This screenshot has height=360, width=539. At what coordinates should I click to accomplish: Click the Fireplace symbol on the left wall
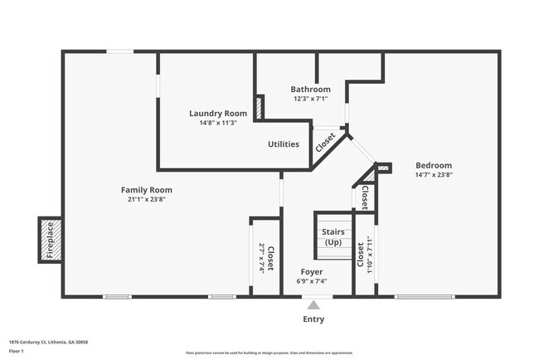(x=50, y=238)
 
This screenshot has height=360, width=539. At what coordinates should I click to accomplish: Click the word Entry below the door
(x=313, y=319)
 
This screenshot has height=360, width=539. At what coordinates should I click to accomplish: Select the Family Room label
(x=147, y=190)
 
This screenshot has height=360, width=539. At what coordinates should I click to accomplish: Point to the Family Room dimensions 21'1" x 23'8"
(x=147, y=200)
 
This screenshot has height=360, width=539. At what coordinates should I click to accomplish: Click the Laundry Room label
(x=218, y=114)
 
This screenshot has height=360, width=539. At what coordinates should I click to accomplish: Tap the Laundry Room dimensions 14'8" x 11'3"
(x=218, y=123)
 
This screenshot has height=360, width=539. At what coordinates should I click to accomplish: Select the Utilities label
(x=284, y=144)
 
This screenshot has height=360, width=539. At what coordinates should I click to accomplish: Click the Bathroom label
(x=310, y=90)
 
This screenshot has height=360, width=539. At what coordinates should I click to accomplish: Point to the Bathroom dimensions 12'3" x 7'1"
(x=310, y=99)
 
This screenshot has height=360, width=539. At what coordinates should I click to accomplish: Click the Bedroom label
(x=434, y=165)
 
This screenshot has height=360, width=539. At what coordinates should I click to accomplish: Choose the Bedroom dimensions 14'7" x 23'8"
(x=434, y=175)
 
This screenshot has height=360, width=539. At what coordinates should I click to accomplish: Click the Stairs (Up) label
(x=333, y=237)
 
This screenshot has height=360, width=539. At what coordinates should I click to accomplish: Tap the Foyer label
(x=312, y=271)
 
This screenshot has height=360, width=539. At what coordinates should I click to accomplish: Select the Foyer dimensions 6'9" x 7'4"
(x=312, y=281)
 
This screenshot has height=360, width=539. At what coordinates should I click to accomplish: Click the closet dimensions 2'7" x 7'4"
(x=261, y=258)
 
